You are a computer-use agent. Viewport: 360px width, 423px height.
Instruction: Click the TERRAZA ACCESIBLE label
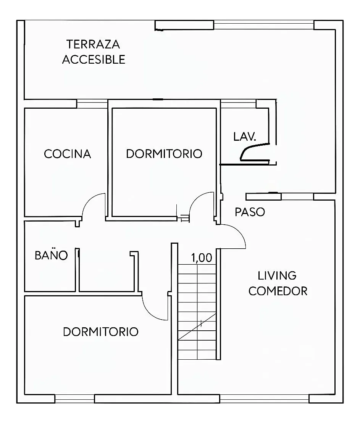[x=94, y=52]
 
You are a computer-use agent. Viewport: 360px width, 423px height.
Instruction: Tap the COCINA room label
[x=68, y=154]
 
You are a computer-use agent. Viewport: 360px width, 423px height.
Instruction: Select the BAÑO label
[x=51, y=255]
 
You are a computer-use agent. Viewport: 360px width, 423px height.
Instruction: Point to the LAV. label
[x=244, y=137]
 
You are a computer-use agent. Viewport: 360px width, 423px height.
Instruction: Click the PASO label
[x=250, y=212]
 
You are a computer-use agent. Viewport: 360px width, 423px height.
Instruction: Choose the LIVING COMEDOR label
[x=278, y=283]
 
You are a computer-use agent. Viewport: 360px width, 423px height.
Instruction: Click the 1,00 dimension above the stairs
[x=202, y=258]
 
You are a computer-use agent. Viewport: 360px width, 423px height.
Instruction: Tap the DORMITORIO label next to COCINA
[x=164, y=154]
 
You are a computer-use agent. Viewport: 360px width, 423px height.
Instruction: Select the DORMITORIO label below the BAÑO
[x=101, y=332]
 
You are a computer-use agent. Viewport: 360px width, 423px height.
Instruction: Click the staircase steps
[x=197, y=312]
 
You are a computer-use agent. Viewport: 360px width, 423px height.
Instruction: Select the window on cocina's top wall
[x=92, y=104]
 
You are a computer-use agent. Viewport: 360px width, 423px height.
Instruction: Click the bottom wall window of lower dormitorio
[x=75, y=399]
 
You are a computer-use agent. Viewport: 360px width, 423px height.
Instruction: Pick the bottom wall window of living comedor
[x=265, y=399]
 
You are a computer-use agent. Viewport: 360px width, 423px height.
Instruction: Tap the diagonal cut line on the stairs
[x=197, y=326]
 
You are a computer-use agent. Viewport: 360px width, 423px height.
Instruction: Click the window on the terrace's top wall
[x=264, y=25]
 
